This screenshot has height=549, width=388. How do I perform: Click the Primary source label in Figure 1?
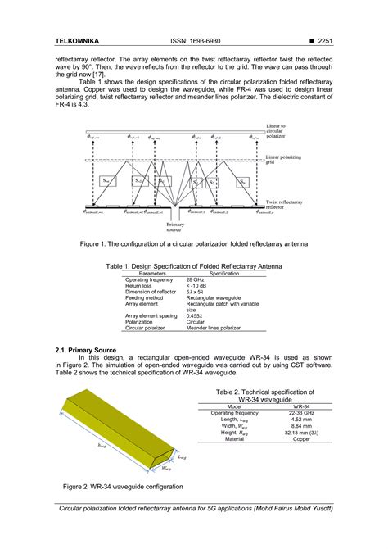(x=175, y=225)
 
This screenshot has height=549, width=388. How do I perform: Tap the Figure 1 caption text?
(x=193, y=244)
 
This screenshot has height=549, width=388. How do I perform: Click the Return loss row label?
(x=140, y=285)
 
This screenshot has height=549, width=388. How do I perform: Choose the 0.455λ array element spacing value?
(x=196, y=315)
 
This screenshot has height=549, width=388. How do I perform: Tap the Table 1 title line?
(x=193, y=266)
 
